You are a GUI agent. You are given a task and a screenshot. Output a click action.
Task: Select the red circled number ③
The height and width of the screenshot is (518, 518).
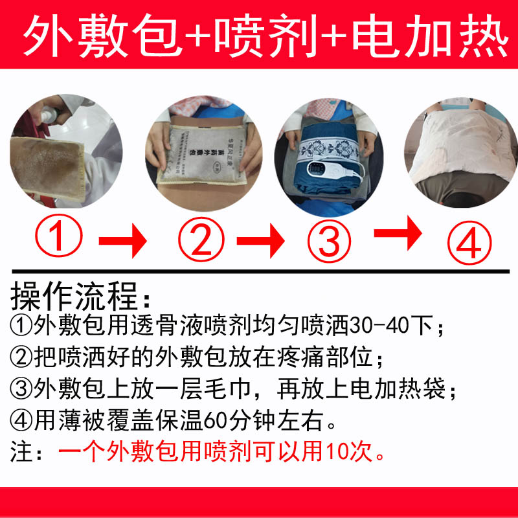(329, 240)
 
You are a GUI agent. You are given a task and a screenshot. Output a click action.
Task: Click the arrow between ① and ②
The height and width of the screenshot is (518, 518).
(123, 241)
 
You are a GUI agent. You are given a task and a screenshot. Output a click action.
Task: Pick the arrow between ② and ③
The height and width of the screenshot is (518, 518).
(260, 241)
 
